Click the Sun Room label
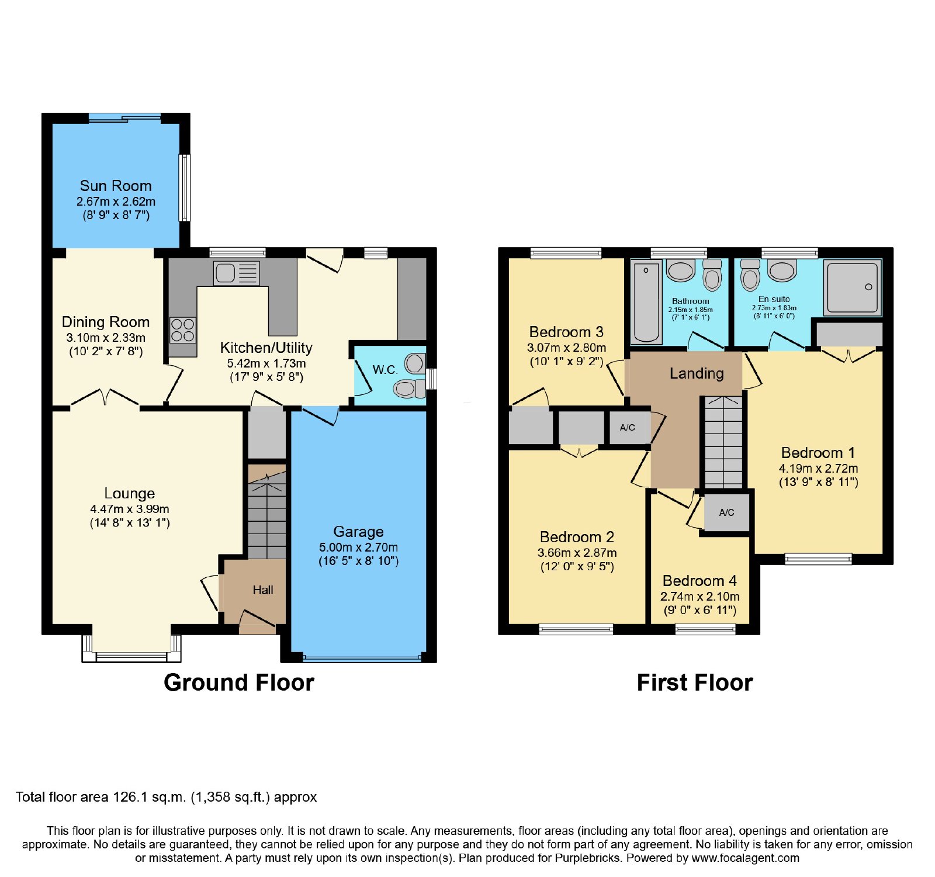[x=116, y=186]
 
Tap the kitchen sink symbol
[x=236, y=273]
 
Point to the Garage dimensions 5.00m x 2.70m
[x=358, y=547]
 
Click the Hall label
[x=263, y=590]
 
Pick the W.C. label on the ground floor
[x=385, y=369]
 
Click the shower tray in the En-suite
[x=852, y=287]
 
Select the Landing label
[x=697, y=373]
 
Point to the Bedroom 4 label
[x=699, y=581]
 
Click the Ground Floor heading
[x=239, y=682]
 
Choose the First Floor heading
[x=695, y=682]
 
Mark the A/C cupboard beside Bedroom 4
[x=726, y=512]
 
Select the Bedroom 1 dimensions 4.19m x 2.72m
[x=818, y=468]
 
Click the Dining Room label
[x=106, y=322]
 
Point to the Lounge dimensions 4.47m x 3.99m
[x=130, y=509]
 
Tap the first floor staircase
[x=723, y=442]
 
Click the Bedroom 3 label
[x=566, y=332]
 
